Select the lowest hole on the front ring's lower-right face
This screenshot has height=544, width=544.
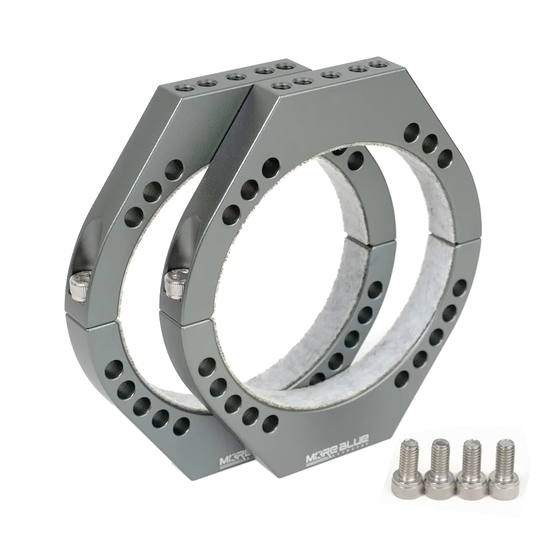pos(403,379)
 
